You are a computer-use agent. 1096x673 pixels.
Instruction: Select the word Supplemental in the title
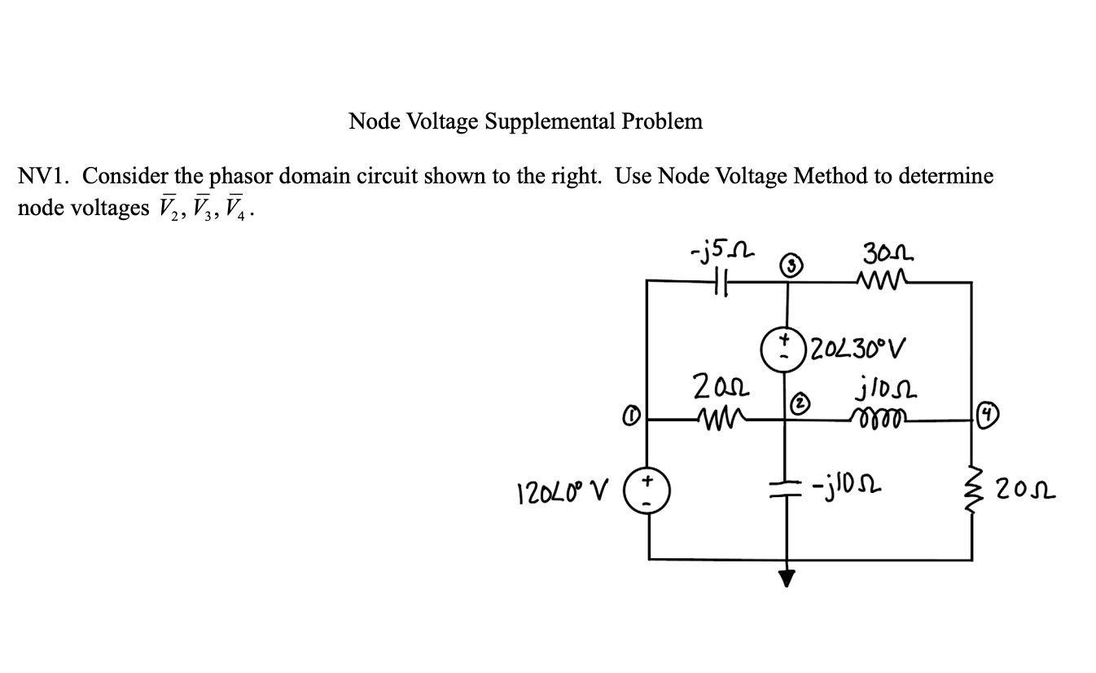(x=550, y=121)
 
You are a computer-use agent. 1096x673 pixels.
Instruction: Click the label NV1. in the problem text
(x=45, y=175)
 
